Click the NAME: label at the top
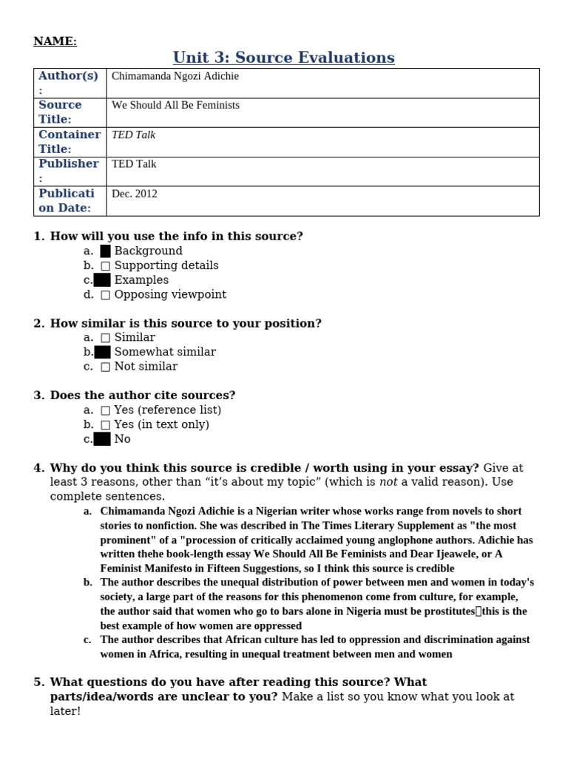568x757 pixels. tap(55, 41)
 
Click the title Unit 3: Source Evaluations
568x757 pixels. tap(284, 58)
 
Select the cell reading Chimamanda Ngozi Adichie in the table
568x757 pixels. tap(175, 76)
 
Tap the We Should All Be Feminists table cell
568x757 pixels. tap(175, 106)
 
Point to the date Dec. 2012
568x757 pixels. tap(135, 194)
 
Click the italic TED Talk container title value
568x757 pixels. tap(133, 135)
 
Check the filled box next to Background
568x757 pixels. tap(106, 251)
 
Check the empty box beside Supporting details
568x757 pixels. tap(106, 265)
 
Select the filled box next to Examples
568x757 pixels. tap(103, 280)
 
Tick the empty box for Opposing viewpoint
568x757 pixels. tap(106, 295)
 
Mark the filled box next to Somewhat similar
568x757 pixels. tap(103, 352)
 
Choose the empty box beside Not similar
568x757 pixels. tap(106, 367)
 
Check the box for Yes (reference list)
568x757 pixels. tap(106, 410)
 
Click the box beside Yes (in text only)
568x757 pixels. tap(106, 425)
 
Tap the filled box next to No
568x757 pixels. tap(103, 439)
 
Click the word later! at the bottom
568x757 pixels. tap(56, 710)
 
